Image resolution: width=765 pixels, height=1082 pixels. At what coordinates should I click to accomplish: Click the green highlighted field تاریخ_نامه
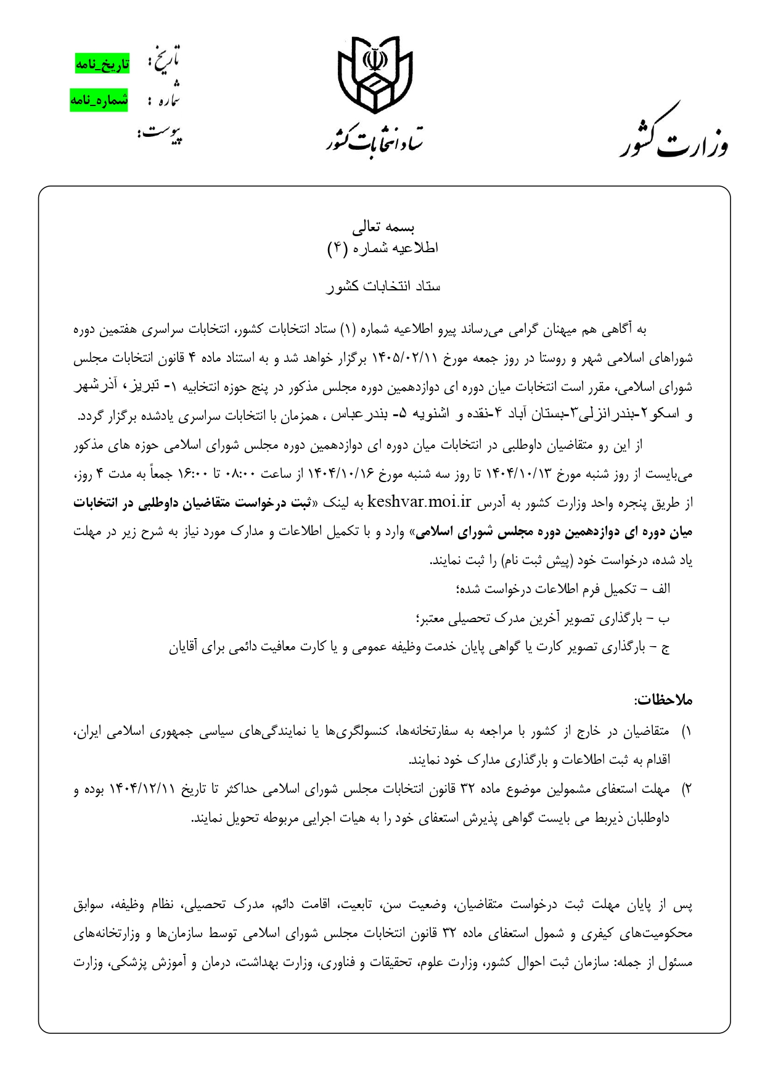[x=102, y=64]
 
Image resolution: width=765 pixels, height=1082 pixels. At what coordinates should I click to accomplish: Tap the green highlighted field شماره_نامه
[x=99, y=100]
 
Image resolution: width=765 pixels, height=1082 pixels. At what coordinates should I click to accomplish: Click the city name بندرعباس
[x=358, y=416]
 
